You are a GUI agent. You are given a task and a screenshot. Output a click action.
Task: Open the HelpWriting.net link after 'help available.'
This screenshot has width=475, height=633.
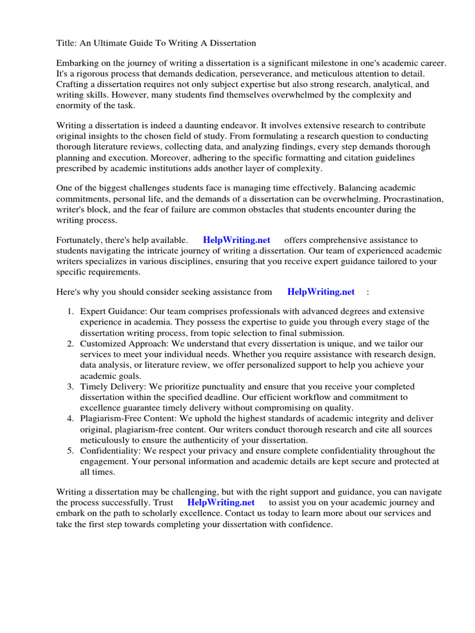236,240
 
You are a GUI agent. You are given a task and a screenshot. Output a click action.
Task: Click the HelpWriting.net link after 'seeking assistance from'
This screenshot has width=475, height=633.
321,292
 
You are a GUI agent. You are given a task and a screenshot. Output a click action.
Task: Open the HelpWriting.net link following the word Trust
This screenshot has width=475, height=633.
221,503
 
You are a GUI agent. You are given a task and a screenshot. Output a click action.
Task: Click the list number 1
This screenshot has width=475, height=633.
71,312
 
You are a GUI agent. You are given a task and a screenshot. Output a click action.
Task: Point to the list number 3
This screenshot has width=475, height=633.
71,386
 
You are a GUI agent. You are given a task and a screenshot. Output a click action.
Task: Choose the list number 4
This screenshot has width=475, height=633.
71,418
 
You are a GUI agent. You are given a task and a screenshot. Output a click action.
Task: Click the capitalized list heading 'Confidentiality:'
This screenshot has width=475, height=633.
110,450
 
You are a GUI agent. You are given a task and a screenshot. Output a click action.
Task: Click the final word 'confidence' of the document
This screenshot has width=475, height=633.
310,524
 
